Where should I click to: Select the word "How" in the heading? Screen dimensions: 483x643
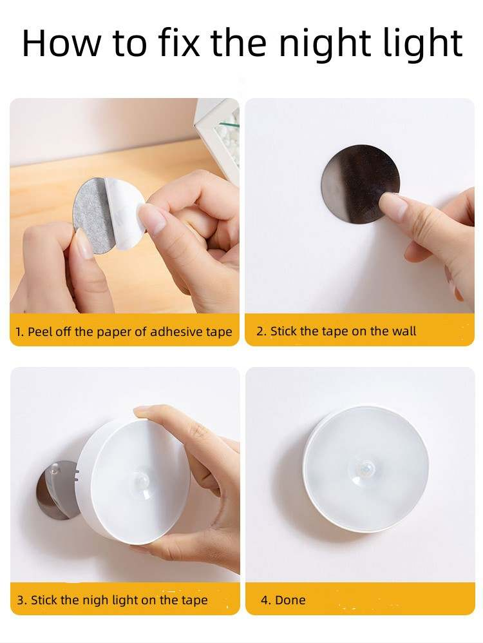tap(61, 43)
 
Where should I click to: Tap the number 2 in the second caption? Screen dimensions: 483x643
tap(260, 331)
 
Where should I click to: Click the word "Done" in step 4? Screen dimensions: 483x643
tap(290, 600)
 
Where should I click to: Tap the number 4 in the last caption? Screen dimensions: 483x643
tap(265, 600)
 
